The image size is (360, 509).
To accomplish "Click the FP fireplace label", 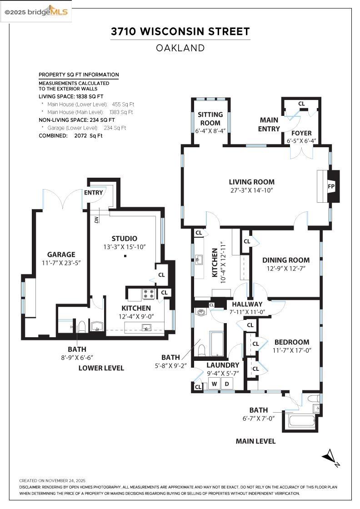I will point(331,186).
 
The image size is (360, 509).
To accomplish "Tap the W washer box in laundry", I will point(214,384).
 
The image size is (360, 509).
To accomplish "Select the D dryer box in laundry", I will point(227,384).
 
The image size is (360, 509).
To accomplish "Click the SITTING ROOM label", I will point(210,119).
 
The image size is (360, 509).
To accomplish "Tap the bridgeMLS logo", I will point(36,11).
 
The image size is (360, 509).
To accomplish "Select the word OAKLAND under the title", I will point(180,48).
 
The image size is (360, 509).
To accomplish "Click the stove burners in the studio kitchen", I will point(149,294).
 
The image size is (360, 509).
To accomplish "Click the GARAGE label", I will point(61,254).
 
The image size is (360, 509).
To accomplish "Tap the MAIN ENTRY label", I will point(269,125).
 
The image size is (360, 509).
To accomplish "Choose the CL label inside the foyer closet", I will point(301,104).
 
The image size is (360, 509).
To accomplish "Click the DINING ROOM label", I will point(286,260).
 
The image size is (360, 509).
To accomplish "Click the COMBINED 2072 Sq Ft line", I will point(70,135).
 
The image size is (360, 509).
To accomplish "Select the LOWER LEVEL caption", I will point(101,368).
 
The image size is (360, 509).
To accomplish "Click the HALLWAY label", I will point(247,304).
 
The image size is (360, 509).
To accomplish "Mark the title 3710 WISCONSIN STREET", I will point(180,31).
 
